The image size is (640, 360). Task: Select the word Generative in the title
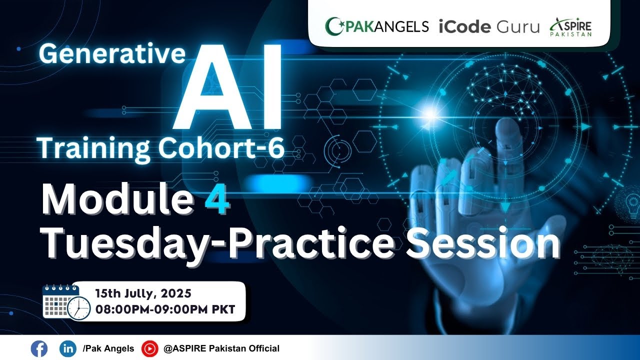(112, 54)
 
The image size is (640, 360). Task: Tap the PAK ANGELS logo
(377, 26)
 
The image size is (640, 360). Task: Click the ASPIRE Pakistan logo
(570, 26)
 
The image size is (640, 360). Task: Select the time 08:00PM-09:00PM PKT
(165, 309)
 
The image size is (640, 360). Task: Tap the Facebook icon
(38, 348)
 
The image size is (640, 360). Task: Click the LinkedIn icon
(67, 348)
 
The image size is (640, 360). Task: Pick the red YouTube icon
(149, 348)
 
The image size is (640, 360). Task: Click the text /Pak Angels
(108, 348)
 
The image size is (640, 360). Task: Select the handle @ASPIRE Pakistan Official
(221, 348)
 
